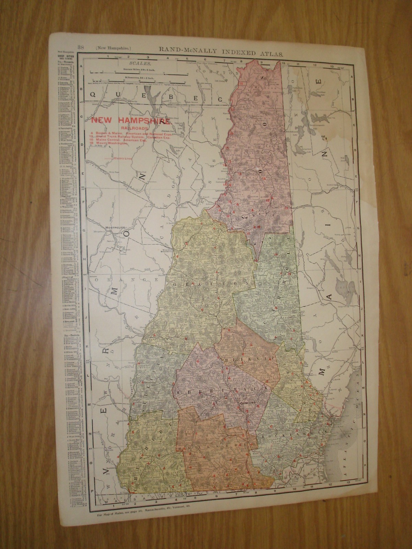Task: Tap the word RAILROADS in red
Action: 130,128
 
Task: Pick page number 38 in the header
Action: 81,47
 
